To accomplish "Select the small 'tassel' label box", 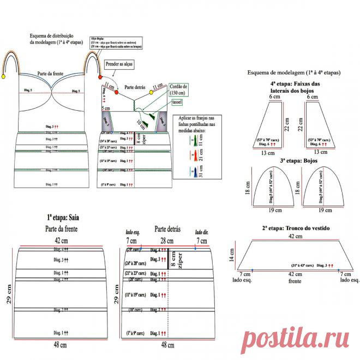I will coord(177,102).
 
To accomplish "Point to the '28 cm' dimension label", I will coord(168,240).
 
